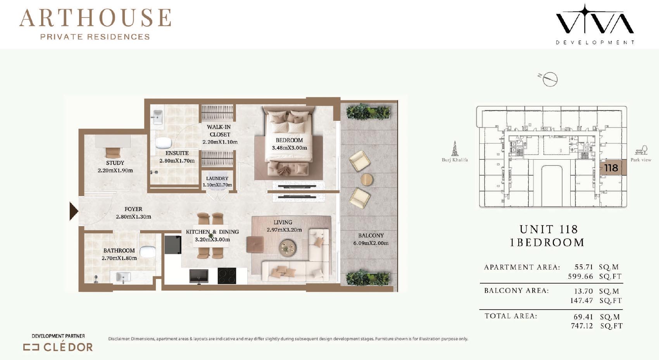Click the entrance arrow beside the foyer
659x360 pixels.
click(x=74, y=211)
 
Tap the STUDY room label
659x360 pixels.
click(x=115, y=163)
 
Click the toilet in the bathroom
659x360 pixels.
click(x=147, y=252)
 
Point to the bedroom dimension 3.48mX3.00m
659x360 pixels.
click(x=289, y=148)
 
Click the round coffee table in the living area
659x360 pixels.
click(x=287, y=246)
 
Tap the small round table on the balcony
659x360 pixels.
click(x=367, y=179)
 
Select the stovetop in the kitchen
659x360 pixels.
click(x=227, y=276)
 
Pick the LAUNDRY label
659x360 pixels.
click(x=217, y=178)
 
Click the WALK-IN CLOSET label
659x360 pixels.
click(x=219, y=131)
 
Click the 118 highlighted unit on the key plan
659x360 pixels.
click(x=611, y=168)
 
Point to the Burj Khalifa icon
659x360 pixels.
click(x=455, y=148)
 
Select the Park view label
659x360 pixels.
click(x=641, y=160)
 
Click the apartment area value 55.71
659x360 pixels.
click(x=584, y=267)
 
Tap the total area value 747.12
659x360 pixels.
click(x=581, y=326)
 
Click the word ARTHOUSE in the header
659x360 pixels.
click(x=95, y=18)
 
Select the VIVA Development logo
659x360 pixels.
click(x=595, y=24)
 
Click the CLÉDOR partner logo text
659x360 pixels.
click(x=68, y=347)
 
